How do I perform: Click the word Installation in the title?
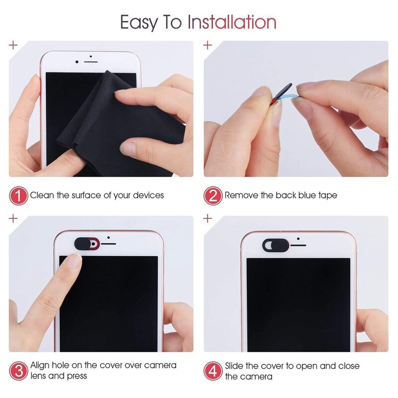point(231,22)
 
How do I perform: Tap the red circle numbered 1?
point(18,196)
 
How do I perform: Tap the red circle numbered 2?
point(212,196)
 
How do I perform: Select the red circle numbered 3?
point(18,371)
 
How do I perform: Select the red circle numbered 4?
point(212,371)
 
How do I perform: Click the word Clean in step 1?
point(42,196)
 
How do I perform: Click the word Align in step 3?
point(41,365)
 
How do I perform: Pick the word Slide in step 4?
point(235,365)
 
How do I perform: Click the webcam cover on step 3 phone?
point(87,244)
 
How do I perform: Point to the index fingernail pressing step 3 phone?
point(74,261)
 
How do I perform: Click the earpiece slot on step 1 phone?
point(90,62)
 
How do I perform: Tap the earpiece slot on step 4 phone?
point(298,244)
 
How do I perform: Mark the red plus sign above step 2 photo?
point(208,45)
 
